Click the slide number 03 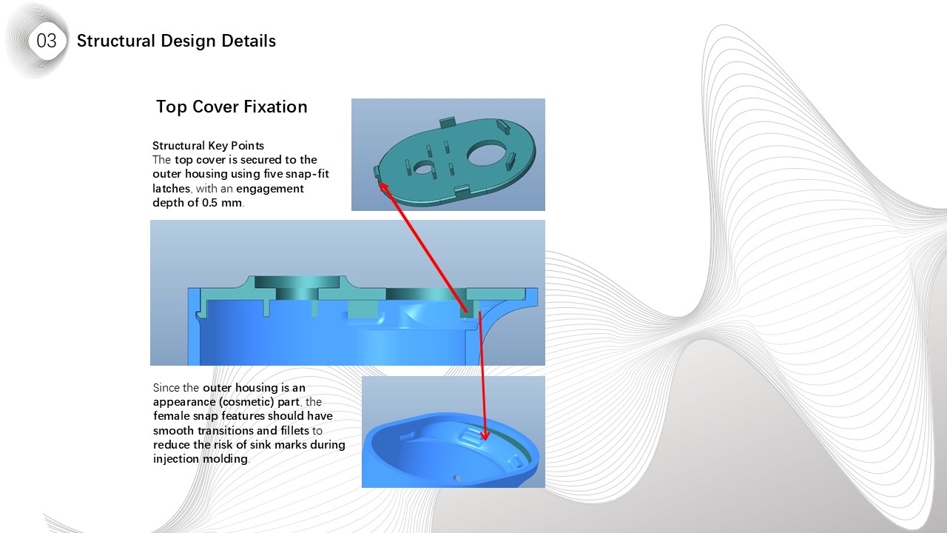[46, 41]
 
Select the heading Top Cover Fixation [232, 107]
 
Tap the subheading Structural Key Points [208, 146]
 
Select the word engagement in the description [270, 189]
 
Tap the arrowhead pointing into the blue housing [485, 435]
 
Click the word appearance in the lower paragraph [188, 402]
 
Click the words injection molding [200, 459]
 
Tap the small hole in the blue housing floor [457, 479]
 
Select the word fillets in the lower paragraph [295, 431]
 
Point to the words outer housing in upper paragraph [193, 174]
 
